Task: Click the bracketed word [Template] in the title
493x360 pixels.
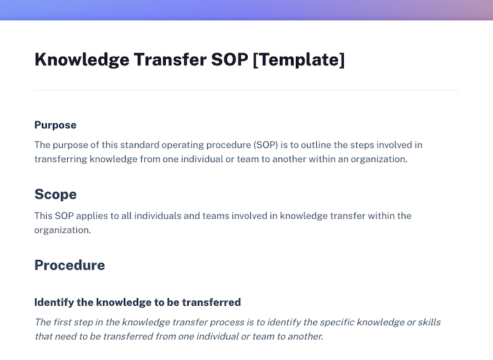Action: click(x=299, y=60)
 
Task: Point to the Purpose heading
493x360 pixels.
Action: click(x=55, y=125)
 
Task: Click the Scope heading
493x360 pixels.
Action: click(x=55, y=195)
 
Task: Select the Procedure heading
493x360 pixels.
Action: click(x=70, y=266)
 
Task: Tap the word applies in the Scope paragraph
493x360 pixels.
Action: click(x=92, y=216)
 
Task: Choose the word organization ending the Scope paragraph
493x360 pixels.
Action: click(x=62, y=230)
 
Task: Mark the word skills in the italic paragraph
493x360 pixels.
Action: click(x=428, y=322)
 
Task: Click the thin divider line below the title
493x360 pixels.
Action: click(x=246, y=91)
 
